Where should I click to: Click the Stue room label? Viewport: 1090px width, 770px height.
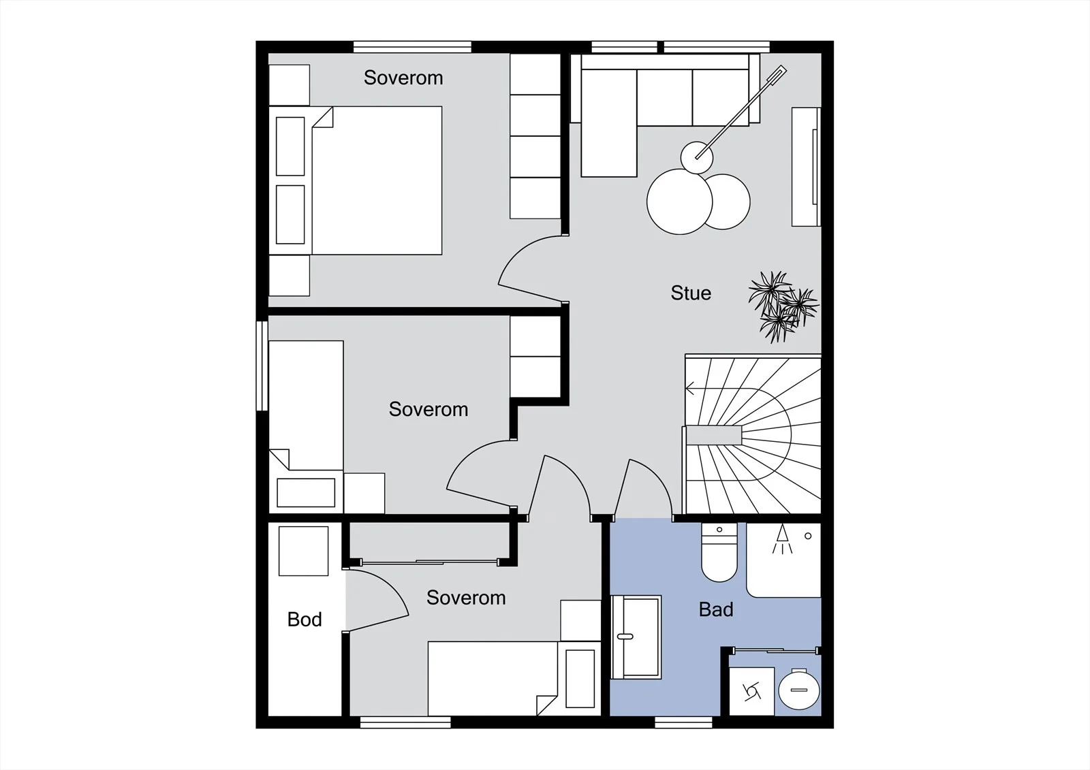tap(691, 293)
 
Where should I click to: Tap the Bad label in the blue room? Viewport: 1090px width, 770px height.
tap(716, 609)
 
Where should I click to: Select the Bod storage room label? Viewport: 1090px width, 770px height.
tap(305, 620)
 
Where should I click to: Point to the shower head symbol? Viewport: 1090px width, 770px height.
tap(782, 539)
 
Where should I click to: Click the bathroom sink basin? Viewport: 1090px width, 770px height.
tap(636, 637)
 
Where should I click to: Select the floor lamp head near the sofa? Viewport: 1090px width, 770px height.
tap(697, 157)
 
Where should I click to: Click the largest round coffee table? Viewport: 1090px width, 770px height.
tap(679, 202)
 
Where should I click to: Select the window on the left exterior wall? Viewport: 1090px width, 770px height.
tap(262, 366)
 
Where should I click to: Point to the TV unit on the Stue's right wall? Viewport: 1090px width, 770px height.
tap(807, 167)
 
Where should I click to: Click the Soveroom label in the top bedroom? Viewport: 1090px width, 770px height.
tap(403, 78)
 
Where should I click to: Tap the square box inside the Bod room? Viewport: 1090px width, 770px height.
tap(303, 551)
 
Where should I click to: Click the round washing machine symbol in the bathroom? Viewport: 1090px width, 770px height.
tap(799, 689)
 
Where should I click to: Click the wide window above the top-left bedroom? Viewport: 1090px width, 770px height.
tap(412, 47)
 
